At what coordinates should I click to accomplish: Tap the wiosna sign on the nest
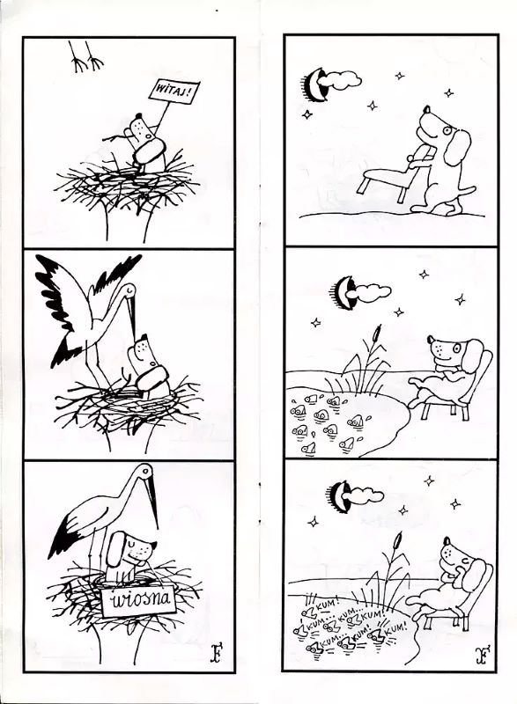click(138, 601)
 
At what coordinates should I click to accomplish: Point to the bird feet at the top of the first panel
click(85, 56)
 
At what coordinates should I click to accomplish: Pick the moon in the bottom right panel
click(343, 497)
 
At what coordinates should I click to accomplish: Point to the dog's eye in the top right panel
click(447, 130)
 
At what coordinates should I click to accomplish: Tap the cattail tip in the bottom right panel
click(397, 541)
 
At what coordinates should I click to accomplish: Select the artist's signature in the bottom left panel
click(217, 654)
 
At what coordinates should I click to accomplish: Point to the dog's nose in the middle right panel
click(431, 339)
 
